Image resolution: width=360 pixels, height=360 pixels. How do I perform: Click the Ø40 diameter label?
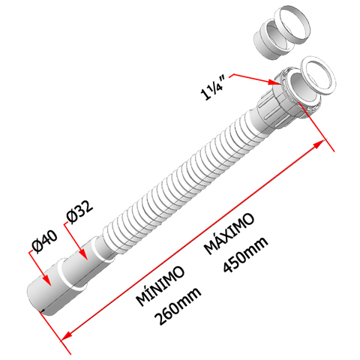pos(45,241)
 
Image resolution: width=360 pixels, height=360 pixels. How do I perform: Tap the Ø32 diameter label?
pos(79,212)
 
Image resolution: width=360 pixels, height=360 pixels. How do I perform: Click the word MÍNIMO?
pos(160,286)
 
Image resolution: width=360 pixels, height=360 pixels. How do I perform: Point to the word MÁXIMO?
pos(229,233)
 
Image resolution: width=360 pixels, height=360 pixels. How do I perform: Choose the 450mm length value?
pos(245,254)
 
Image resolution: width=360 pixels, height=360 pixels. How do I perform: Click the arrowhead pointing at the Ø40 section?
pos(47,280)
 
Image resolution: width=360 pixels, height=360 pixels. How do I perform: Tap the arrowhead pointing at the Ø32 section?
pos(83,254)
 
